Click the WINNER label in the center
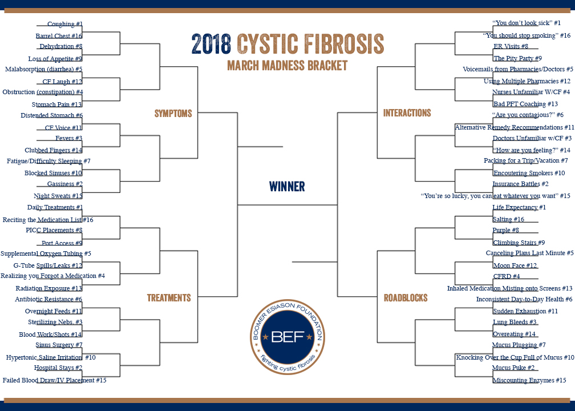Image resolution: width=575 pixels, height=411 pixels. point(287,187)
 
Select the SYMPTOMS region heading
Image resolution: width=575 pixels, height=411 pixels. point(173,114)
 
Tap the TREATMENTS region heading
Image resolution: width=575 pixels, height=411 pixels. point(169,297)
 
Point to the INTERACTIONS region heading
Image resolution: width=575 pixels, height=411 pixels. point(407,112)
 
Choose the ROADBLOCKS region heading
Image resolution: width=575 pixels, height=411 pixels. point(406,297)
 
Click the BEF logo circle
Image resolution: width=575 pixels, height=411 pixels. point(287,337)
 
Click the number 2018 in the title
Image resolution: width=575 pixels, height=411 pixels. point(211,44)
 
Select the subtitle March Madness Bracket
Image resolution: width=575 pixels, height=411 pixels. point(287,65)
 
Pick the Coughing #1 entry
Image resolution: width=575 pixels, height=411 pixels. point(65,24)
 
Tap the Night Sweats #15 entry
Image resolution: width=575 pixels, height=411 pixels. point(58,196)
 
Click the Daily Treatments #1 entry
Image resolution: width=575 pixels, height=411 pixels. point(55,207)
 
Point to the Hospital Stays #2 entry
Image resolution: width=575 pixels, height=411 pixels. point(58,368)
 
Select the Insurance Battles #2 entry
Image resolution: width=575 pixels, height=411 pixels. point(520,184)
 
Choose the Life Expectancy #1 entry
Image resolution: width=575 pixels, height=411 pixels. point(519,207)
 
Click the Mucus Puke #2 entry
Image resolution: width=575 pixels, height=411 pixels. point(513,368)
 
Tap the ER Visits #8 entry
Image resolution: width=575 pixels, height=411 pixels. point(511,46)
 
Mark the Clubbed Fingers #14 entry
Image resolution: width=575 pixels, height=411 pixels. point(54,150)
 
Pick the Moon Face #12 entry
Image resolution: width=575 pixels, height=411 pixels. point(515,265)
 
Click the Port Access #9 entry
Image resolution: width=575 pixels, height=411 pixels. point(62,243)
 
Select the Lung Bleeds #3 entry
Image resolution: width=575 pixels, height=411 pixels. point(515,322)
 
